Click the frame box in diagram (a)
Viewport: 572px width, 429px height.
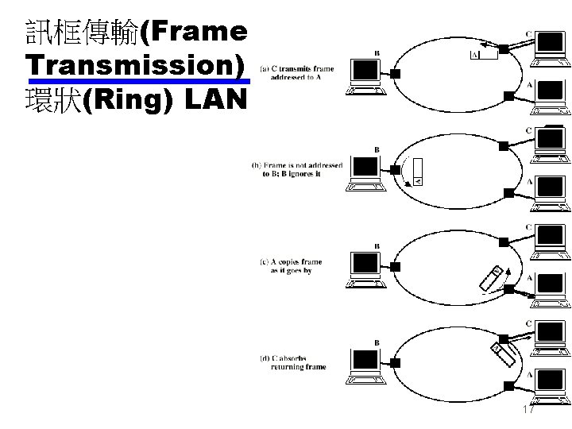[x=484, y=55]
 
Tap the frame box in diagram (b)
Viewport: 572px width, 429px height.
[x=419, y=174]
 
